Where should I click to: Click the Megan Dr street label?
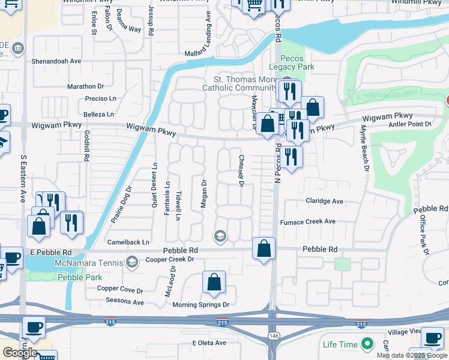[x=203, y=194]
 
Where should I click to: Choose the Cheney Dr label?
[x=241, y=171]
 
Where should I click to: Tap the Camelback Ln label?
[x=128, y=242]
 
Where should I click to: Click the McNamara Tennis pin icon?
[x=131, y=262]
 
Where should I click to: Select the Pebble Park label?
[x=80, y=277]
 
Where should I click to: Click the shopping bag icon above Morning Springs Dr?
[x=214, y=282]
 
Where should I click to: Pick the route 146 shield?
[x=274, y=335]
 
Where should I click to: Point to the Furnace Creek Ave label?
[x=308, y=221]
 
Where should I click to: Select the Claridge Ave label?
[x=324, y=202]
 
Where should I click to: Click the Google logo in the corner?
[x=19, y=353]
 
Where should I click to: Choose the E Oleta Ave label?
[x=209, y=343]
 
